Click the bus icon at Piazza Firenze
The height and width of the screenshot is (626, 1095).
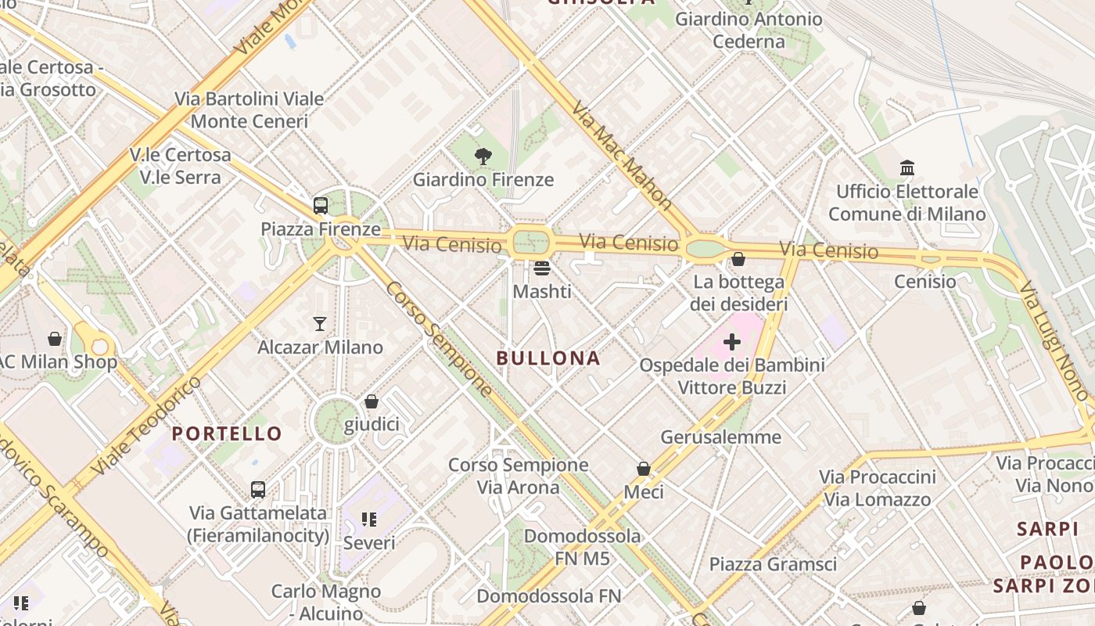tap(321, 206)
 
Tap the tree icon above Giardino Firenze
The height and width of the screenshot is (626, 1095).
tap(483, 156)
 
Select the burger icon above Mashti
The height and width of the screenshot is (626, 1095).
tap(542, 269)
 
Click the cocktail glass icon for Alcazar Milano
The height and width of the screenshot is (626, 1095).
tap(320, 324)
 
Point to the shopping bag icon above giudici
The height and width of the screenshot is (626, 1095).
tap(372, 401)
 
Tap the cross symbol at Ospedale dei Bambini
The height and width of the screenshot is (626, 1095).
tap(732, 342)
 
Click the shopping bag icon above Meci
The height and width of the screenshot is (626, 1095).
tap(644, 469)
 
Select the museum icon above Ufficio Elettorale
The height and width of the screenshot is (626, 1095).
tap(907, 168)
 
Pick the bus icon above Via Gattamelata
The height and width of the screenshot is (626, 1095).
tap(258, 490)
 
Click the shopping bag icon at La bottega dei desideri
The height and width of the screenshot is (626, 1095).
tap(738, 259)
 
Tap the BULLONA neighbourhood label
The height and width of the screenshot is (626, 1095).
tap(548, 358)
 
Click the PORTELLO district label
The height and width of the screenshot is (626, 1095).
tap(227, 434)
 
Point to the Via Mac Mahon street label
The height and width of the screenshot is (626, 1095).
tap(622, 155)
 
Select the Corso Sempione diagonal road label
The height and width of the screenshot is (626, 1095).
tap(439, 339)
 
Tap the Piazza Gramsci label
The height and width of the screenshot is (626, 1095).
tap(773, 564)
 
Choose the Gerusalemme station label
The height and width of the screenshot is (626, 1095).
tap(720, 437)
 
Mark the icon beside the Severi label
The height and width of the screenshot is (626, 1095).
tap(369, 520)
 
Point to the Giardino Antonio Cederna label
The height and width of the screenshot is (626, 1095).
tap(749, 30)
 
